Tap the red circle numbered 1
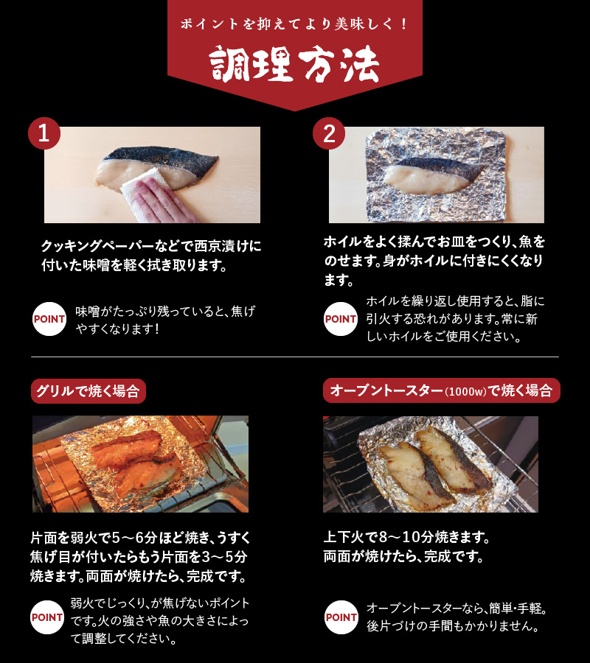[x=44, y=133]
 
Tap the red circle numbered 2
[x=329, y=133]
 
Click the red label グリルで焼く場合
[x=88, y=390]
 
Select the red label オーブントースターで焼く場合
[x=441, y=390]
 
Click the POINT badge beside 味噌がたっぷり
[x=49, y=320]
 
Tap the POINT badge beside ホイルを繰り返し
[x=340, y=320]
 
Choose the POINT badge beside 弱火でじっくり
[x=47, y=617]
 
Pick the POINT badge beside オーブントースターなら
[x=341, y=617]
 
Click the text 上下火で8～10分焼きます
[x=406, y=536]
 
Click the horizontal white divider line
[x=295, y=357]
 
